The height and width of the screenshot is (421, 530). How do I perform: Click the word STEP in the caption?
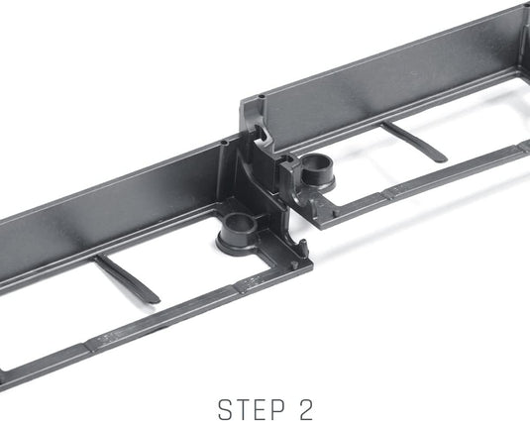(252, 409)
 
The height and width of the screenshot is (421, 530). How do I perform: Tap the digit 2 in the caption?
(306, 409)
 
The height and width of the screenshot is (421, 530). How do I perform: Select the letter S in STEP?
(226, 409)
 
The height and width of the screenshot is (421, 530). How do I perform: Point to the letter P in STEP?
(277, 409)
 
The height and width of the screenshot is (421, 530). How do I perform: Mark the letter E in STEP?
(261, 409)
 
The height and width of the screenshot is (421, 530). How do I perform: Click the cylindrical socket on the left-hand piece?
(237, 234)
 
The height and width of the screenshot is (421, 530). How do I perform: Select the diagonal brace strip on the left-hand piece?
(127, 278)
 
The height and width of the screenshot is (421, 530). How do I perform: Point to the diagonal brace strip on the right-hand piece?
(414, 142)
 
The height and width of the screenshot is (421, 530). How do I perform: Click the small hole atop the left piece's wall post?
(223, 143)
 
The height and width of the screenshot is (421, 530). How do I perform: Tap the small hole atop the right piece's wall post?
(261, 97)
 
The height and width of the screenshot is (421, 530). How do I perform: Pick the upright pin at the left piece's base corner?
(303, 247)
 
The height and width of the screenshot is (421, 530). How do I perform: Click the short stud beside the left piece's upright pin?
(295, 265)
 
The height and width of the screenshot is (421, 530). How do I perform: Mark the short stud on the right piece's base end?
(335, 214)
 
